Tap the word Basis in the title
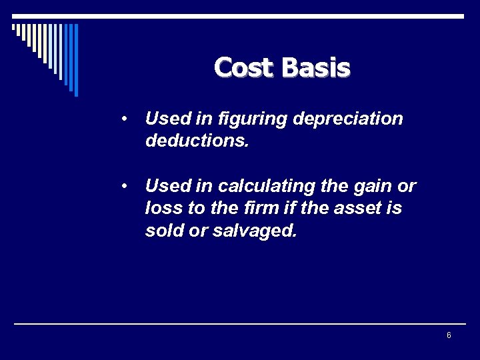pos(316,67)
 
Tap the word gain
pos(366,185)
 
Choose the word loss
pos(163,208)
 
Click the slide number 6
pos(449,335)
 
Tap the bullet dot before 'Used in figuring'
pos(125,119)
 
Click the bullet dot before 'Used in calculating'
pos(125,185)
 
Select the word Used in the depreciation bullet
pos(166,119)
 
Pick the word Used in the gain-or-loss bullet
pos(166,185)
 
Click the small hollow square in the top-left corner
pos(14,27)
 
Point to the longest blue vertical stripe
pos(76,60)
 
